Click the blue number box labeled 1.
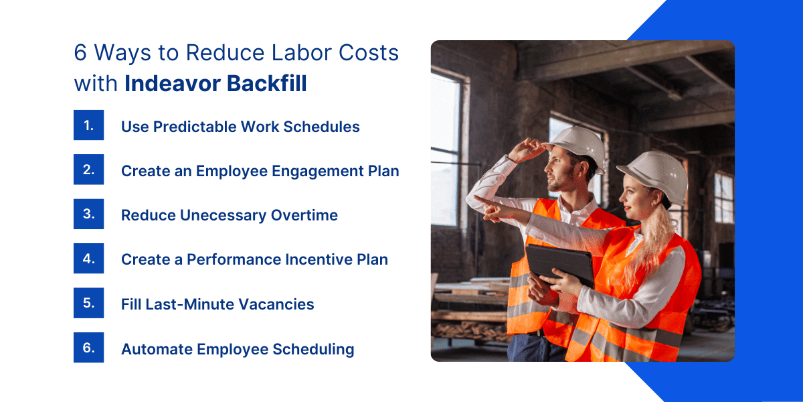[x=88, y=125]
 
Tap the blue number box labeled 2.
[x=88, y=170]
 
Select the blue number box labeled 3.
[x=88, y=214]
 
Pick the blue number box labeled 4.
[x=88, y=259]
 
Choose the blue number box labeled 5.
[x=88, y=303]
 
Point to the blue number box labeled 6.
[x=88, y=348]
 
